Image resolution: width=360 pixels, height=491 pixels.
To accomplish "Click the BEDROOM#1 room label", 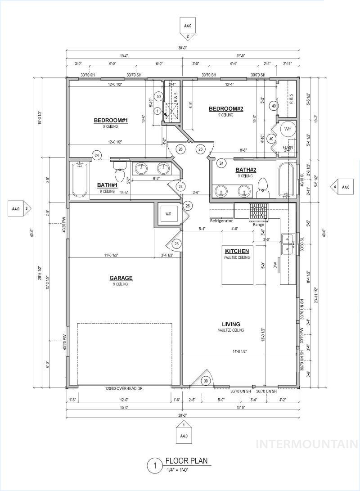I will pos(111,120).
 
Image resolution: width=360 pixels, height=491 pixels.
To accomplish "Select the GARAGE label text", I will pos(120,278).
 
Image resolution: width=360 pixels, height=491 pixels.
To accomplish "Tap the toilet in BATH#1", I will pos(119,174).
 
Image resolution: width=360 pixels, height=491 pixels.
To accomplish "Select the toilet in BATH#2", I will pos(262,189).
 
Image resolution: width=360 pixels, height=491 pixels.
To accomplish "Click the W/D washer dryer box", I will pos(169,214).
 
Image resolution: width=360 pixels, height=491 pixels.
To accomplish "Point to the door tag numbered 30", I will pos(206,381).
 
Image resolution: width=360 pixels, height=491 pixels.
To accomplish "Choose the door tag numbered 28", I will pos(177,243).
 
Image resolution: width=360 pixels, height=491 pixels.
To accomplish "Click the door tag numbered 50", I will pos(158,96).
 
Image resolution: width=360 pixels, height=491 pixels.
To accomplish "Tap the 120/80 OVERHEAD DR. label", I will pos(124,388).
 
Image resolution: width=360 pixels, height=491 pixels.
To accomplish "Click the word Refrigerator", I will pos(221,221).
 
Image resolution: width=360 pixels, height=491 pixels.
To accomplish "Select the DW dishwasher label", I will pos(275,266).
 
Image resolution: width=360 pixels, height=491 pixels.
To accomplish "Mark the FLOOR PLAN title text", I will pos(186,461).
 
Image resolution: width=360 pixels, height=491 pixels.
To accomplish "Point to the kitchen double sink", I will pos(287,244).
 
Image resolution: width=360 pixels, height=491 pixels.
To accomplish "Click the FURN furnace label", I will pos(288,147).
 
